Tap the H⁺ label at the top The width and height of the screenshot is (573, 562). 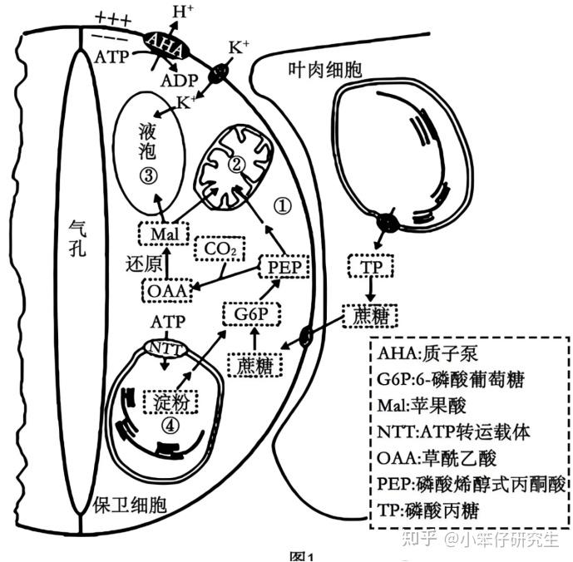pos(182,12)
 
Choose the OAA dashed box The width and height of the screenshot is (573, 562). pos(164,291)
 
